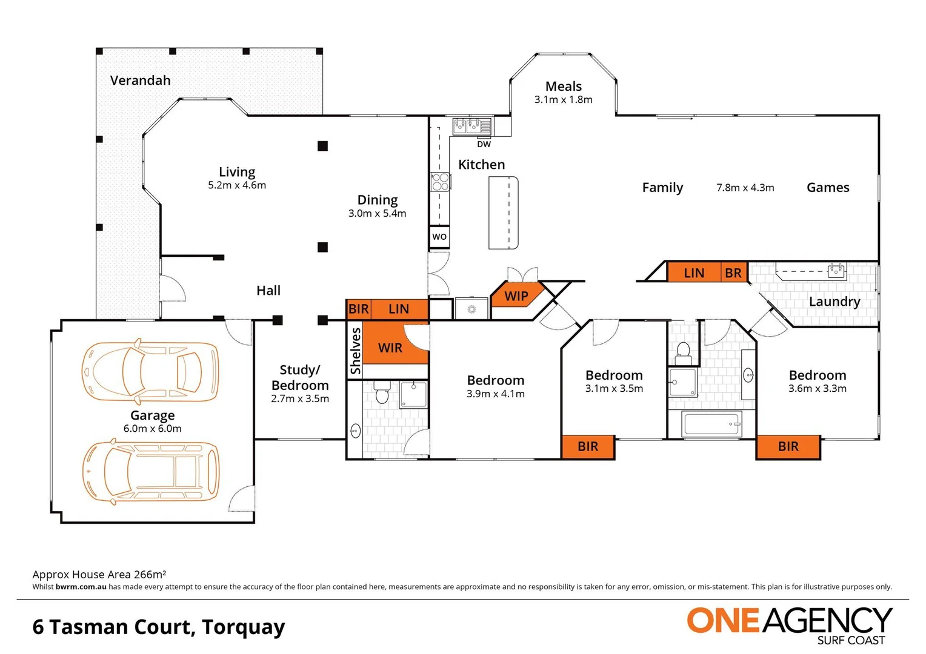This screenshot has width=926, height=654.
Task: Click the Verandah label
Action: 140,81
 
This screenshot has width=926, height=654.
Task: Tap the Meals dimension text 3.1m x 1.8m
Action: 563,100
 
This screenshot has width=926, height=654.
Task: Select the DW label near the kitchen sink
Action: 484,144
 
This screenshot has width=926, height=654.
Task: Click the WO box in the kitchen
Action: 439,237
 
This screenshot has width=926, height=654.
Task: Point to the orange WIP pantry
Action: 516,296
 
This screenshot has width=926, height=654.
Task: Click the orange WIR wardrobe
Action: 390,348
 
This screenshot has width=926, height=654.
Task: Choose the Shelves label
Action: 356,351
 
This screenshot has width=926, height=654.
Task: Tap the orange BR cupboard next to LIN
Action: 733,273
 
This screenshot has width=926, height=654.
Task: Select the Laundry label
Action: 834,302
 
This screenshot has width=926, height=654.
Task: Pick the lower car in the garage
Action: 150,472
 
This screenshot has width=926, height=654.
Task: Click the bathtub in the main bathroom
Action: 711,424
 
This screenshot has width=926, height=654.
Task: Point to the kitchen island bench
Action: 504,213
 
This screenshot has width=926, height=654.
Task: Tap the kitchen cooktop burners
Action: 440,182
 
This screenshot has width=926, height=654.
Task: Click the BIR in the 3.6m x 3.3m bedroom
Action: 788,447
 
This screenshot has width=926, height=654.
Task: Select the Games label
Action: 827,188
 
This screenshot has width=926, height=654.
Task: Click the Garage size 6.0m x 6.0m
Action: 152,429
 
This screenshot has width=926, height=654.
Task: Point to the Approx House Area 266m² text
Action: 99,574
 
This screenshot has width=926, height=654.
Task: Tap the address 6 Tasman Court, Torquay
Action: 159,627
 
